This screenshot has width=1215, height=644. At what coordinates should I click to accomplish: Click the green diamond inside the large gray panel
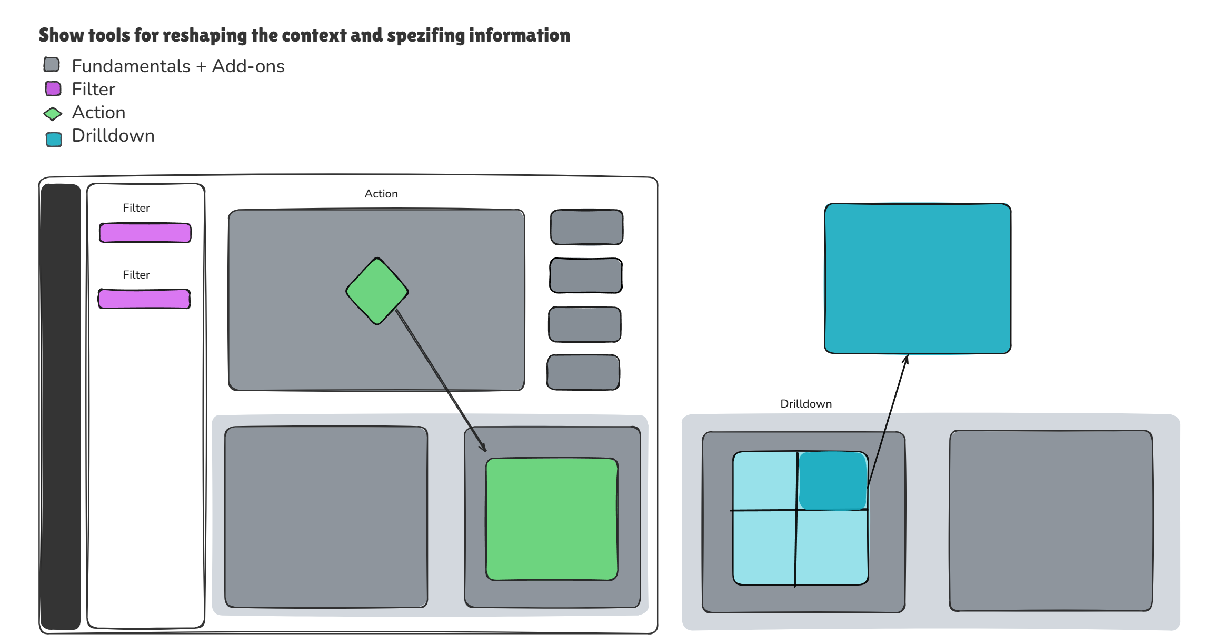pyautogui.click(x=377, y=291)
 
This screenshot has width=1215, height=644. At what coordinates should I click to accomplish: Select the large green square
pyautogui.click(x=552, y=519)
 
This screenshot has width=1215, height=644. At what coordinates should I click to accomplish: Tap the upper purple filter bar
pyautogui.click(x=145, y=233)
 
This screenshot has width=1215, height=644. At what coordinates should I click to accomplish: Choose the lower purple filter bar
pyautogui.click(x=144, y=299)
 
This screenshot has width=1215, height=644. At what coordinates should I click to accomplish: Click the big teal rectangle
pyautogui.click(x=918, y=278)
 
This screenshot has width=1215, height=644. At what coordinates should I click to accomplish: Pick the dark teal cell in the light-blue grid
pyautogui.click(x=832, y=481)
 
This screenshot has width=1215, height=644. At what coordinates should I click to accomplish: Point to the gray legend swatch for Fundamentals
pyautogui.click(x=52, y=65)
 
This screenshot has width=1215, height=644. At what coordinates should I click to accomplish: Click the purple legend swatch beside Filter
pyautogui.click(x=53, y=88)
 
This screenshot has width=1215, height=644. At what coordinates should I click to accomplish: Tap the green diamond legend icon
pyautogui.click(x=53, y=113)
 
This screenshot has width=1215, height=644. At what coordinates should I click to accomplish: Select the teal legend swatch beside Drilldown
pyautogui.click(x=54, y=139)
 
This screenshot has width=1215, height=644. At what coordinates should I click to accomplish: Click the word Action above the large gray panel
pyautogui.click(x=381, y=194)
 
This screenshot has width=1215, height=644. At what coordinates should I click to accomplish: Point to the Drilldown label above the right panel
pyautogui.click(x=806, y=404)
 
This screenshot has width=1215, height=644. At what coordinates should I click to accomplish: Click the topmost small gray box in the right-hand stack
pyautogui.click(x=586, y=227)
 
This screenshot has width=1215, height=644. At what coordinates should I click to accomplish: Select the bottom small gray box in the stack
pyautogui.click(x=583, y=372)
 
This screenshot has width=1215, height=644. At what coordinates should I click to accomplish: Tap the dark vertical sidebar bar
pyautogui.click(x=61, y=407)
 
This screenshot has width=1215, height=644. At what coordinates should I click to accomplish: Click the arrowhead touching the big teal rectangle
pyautogui.click(x=906, y=359)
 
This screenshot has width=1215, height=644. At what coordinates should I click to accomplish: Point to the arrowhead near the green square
pyautogui.click(x=483, y=448)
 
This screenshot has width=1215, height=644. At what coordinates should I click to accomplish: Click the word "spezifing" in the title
pyautogui.click(x=426, y=35)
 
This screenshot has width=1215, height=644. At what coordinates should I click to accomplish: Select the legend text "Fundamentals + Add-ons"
pyautogui.click(x=178, y=66)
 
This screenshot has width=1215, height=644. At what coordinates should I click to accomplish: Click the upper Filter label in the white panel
pyautogui.click(x=136, y=208)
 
